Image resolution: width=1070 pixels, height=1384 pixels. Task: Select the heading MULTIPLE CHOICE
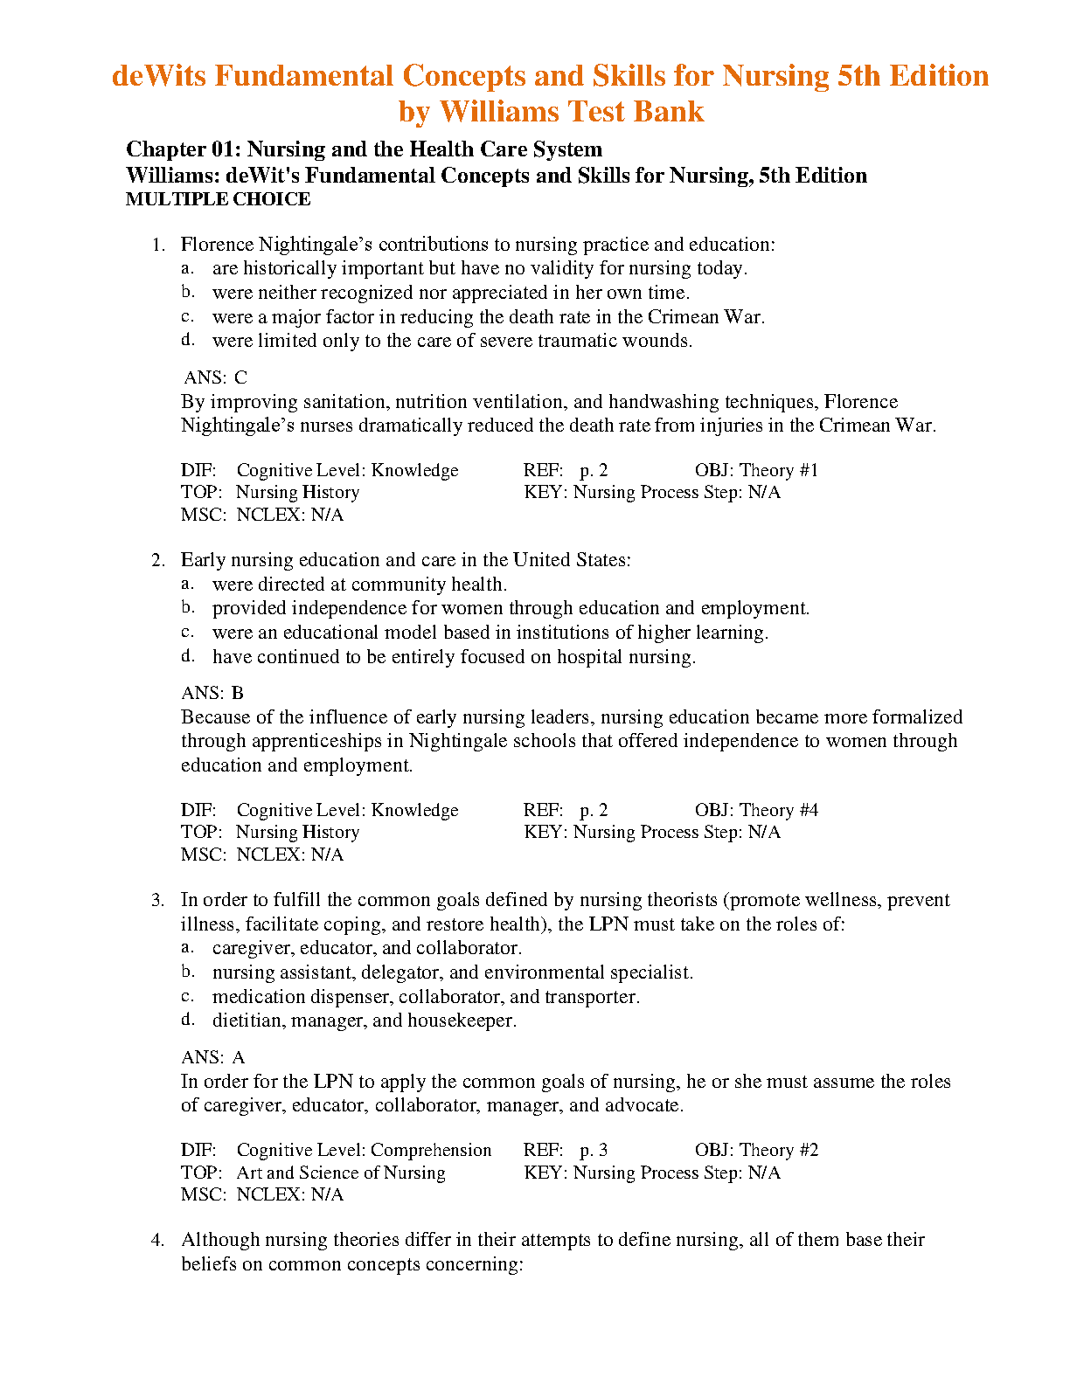click(218, 199)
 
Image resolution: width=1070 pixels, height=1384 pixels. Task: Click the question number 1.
click(158, 245)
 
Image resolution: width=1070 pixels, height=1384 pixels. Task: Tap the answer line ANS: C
click(215, 377)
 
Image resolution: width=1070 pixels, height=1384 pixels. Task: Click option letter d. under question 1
click(187, 340)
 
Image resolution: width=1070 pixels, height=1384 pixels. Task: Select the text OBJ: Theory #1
click(756, 470)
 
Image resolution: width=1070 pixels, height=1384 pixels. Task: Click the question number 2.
click(158, 560)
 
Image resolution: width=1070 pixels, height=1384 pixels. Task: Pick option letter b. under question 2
click(187, 607)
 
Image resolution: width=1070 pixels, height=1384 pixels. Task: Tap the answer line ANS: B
click(212, 693)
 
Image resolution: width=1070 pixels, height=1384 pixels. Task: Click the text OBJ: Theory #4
click(756, 810)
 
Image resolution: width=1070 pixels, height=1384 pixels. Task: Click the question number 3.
click(158, 900)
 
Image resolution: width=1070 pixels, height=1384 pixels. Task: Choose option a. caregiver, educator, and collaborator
click(366, 948)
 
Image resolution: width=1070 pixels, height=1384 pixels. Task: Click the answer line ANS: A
click(212, 1057)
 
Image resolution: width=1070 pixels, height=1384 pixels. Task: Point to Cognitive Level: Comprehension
click(364, 1150)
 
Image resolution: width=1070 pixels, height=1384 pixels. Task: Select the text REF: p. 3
click(566, 1150)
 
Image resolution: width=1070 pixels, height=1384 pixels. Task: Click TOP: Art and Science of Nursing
click(313, 1173)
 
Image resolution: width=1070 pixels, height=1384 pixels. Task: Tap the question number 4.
click(158, 1240)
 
